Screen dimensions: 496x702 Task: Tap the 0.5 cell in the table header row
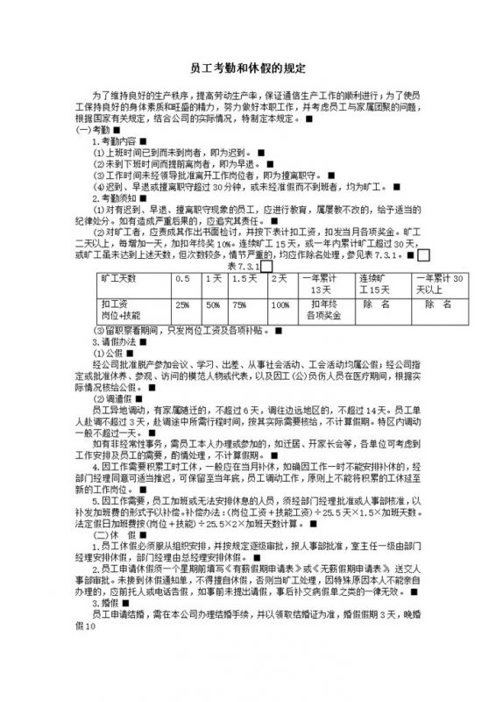tap(182, 278)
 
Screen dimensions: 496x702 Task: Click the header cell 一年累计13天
tap(321, 283)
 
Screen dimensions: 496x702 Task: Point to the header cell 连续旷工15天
tap(379, 283)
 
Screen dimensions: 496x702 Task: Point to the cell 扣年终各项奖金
tap(321, 309)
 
